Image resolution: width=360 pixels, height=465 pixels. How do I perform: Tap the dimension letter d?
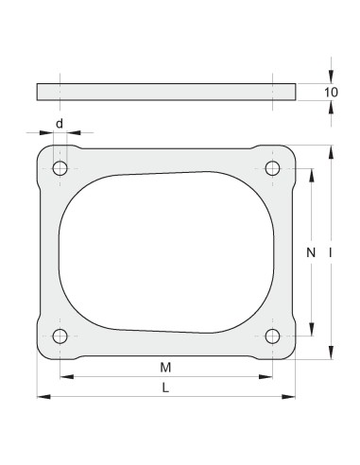pyautogui.click(x=60, y=124)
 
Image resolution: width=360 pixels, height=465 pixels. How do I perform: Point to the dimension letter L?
pyautogui.click(x=165, y=387)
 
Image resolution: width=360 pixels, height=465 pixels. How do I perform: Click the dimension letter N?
pyautogui.click(x=311, y=252)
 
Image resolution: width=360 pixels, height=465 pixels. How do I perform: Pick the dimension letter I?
pyautogui.click(x=330, y=252)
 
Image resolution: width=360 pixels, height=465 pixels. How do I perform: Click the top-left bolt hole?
pyautogui.click(x=60, y=169)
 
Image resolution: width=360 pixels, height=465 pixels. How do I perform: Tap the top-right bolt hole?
pyautogui.click(x=273, y=169)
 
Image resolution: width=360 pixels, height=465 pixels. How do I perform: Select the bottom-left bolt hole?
pyautogui.click(x=60, y=336)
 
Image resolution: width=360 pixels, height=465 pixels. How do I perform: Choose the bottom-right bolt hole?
pyautogui.click(x=273, y=336)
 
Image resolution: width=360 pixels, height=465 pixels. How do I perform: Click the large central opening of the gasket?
pyautogui.click(x=165, y=252)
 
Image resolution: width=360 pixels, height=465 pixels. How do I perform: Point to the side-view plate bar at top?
pyautogui.click(x=165, y=92)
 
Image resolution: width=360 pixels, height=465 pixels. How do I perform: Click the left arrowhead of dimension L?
pyautogui.click(x=41, y=396)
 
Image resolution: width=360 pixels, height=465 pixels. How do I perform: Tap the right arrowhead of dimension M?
pyautogui.click(x=268, y=377)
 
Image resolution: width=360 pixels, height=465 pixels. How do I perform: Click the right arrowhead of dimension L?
pyautogui.click(x=290, y=396)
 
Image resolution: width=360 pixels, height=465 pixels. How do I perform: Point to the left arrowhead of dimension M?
pyautogui.click(x=64, y=377)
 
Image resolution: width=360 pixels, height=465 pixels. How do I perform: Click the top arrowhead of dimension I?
pyautogui.click(x=330, y=149)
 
